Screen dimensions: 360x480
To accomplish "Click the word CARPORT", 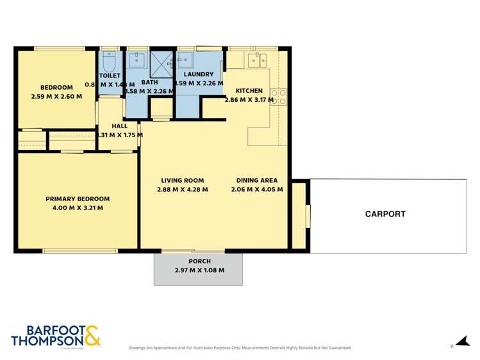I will pos(385,214).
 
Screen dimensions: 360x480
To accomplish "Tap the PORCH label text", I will pos(199,261).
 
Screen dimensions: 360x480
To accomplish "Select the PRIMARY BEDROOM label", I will pos(77,199).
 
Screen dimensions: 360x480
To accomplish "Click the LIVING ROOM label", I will pos(182,181).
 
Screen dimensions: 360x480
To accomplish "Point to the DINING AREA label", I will pos(256,181).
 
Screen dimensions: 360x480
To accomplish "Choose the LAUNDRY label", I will pos(198,74).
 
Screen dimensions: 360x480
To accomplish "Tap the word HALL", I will pos(119,126).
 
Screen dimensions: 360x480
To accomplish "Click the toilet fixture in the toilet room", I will pos(108,61).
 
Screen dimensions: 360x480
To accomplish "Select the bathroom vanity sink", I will pos(137,60).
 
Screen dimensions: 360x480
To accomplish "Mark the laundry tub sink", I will pos(185,60).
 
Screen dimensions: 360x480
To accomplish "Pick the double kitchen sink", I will pos(258,61).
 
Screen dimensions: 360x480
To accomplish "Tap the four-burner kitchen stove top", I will pos(278,97).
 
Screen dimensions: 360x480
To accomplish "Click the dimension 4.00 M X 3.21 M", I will pos(77,208).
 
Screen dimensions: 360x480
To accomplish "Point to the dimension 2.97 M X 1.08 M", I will pos(199,270).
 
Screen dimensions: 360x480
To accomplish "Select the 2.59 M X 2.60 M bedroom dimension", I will pos(56,97).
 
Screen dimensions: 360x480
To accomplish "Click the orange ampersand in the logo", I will pos(92,336).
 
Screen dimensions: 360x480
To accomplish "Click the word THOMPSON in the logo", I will pos(46,341).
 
